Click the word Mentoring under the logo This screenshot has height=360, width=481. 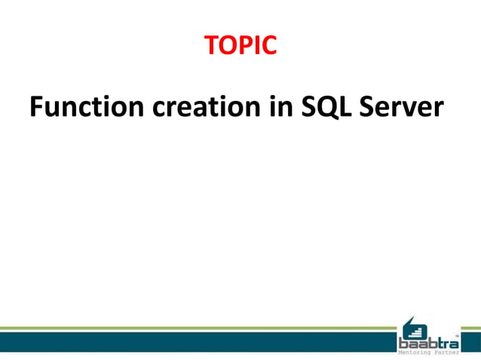point(415,352)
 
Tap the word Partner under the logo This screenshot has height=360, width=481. point(446,352)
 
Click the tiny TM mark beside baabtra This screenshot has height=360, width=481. point(457,335)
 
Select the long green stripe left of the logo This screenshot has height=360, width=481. point(196,328)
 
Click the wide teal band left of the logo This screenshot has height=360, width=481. point(196,342)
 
